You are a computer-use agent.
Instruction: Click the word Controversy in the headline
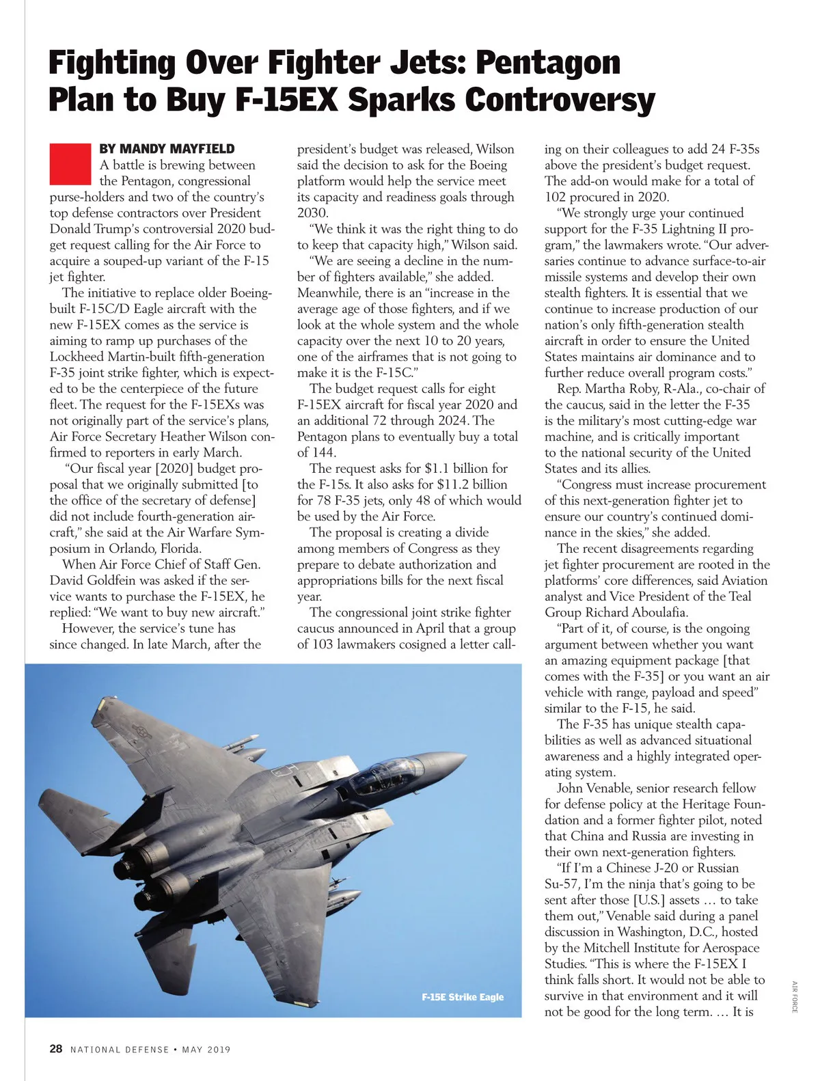(560, 100)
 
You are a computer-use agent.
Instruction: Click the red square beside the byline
(70, 163)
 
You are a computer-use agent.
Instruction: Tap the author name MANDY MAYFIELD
(167, 149)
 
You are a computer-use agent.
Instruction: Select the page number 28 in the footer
(56, 1049)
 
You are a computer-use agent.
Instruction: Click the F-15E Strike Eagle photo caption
(463, 997)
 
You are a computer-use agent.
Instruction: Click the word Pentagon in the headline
(548, 63)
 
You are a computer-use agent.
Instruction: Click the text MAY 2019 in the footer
(206, 1050)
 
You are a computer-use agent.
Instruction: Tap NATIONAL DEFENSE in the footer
(120, 1050)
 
